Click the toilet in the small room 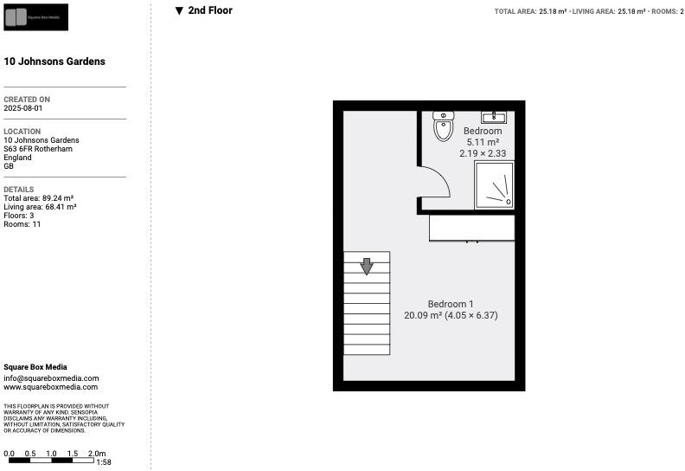[x=443, y=126]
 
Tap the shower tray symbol [x=494, y=185]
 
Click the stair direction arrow [x=367, y=267]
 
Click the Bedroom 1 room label [x=451, y=304]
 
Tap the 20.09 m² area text [x=423, y=316]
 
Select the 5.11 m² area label [x=483, y=142]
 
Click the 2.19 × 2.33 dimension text [x=483, y=153]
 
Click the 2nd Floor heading [x=209, y=11]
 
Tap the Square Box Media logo [x=35, y=17]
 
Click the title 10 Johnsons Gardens [x=54, y=61]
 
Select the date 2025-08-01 [x=22, y=108]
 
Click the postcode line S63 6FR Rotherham [x=38, y=149]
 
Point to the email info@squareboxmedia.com [x=51, y=378]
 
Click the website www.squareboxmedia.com [x=51, y=387]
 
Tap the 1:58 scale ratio [x=103, y=463]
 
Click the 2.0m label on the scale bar [x=97, y=454]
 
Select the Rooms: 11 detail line [x=22, y=224]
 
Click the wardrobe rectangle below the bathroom [x=471, y=228]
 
